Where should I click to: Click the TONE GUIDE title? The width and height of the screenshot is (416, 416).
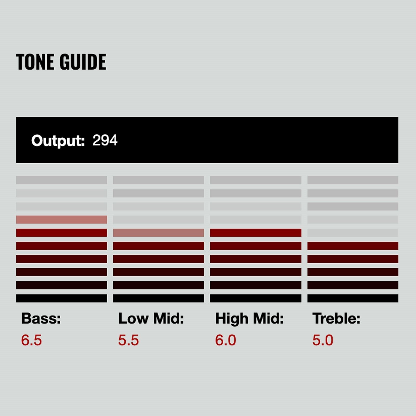[x=61, y=62]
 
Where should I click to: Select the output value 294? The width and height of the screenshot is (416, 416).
[x=105, y=140]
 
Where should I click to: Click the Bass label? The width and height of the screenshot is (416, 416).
[x=41, y=318]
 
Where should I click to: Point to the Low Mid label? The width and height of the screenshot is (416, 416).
[x=151, y=318]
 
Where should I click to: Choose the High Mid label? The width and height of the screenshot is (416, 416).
[x=249, y=319]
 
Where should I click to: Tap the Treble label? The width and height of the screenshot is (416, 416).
[x=336, y=318]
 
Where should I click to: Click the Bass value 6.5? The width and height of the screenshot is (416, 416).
[x=31, y=340]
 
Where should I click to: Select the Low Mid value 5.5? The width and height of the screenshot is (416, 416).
[x=128, y=340]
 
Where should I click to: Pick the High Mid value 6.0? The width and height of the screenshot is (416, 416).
[x=226, y=340]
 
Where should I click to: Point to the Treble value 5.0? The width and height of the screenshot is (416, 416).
[x=323, y=340]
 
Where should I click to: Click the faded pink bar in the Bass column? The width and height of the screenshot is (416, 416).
[x=62, y=219]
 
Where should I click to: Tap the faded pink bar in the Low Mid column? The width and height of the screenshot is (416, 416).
[x=158, y=233]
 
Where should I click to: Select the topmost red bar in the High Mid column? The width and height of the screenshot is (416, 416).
[x=256, y=233]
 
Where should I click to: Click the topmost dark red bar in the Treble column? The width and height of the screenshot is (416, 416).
[x=353, y=246]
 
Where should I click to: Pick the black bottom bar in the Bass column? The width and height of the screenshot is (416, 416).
[x=62, y=298]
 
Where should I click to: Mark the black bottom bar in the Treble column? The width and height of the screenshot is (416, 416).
[x=353, y=298]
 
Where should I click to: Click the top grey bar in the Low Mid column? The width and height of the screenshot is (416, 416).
[x=158, y=180]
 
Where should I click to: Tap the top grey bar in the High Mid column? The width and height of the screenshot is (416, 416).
[x=256, y=180]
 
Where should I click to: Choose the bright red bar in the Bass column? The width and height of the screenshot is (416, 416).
[x=62, y=233]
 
